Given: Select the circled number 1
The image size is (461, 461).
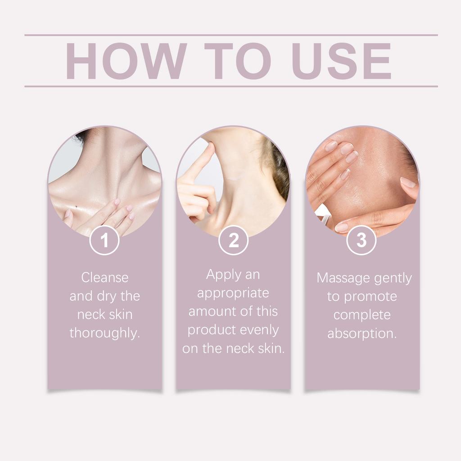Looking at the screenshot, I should (x=104, y=240).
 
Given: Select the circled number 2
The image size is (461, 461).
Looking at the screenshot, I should (x=233, y=240).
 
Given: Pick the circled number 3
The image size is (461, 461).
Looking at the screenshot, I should (x=362, y=240).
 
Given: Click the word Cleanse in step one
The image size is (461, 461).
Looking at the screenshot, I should (x=105, y=277).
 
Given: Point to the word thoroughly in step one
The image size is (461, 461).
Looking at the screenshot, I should (x=105, y=334).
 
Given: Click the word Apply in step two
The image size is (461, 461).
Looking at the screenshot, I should (x=221, y=275).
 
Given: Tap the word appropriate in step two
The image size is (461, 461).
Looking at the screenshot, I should (x=233, y=293).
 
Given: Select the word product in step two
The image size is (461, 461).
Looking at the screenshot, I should (x=212, y=330).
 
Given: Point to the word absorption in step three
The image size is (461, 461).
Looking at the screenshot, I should (x=362, y=334).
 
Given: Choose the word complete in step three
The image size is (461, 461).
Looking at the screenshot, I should (x=362, y=315).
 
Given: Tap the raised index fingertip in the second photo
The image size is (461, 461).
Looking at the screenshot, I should (x=210, y=146).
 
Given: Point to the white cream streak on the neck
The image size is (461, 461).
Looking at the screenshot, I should (x=233, y=179).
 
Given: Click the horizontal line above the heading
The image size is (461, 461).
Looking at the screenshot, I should (x=231, y=35).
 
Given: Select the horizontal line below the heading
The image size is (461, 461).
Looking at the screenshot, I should (x=231, y=86).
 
